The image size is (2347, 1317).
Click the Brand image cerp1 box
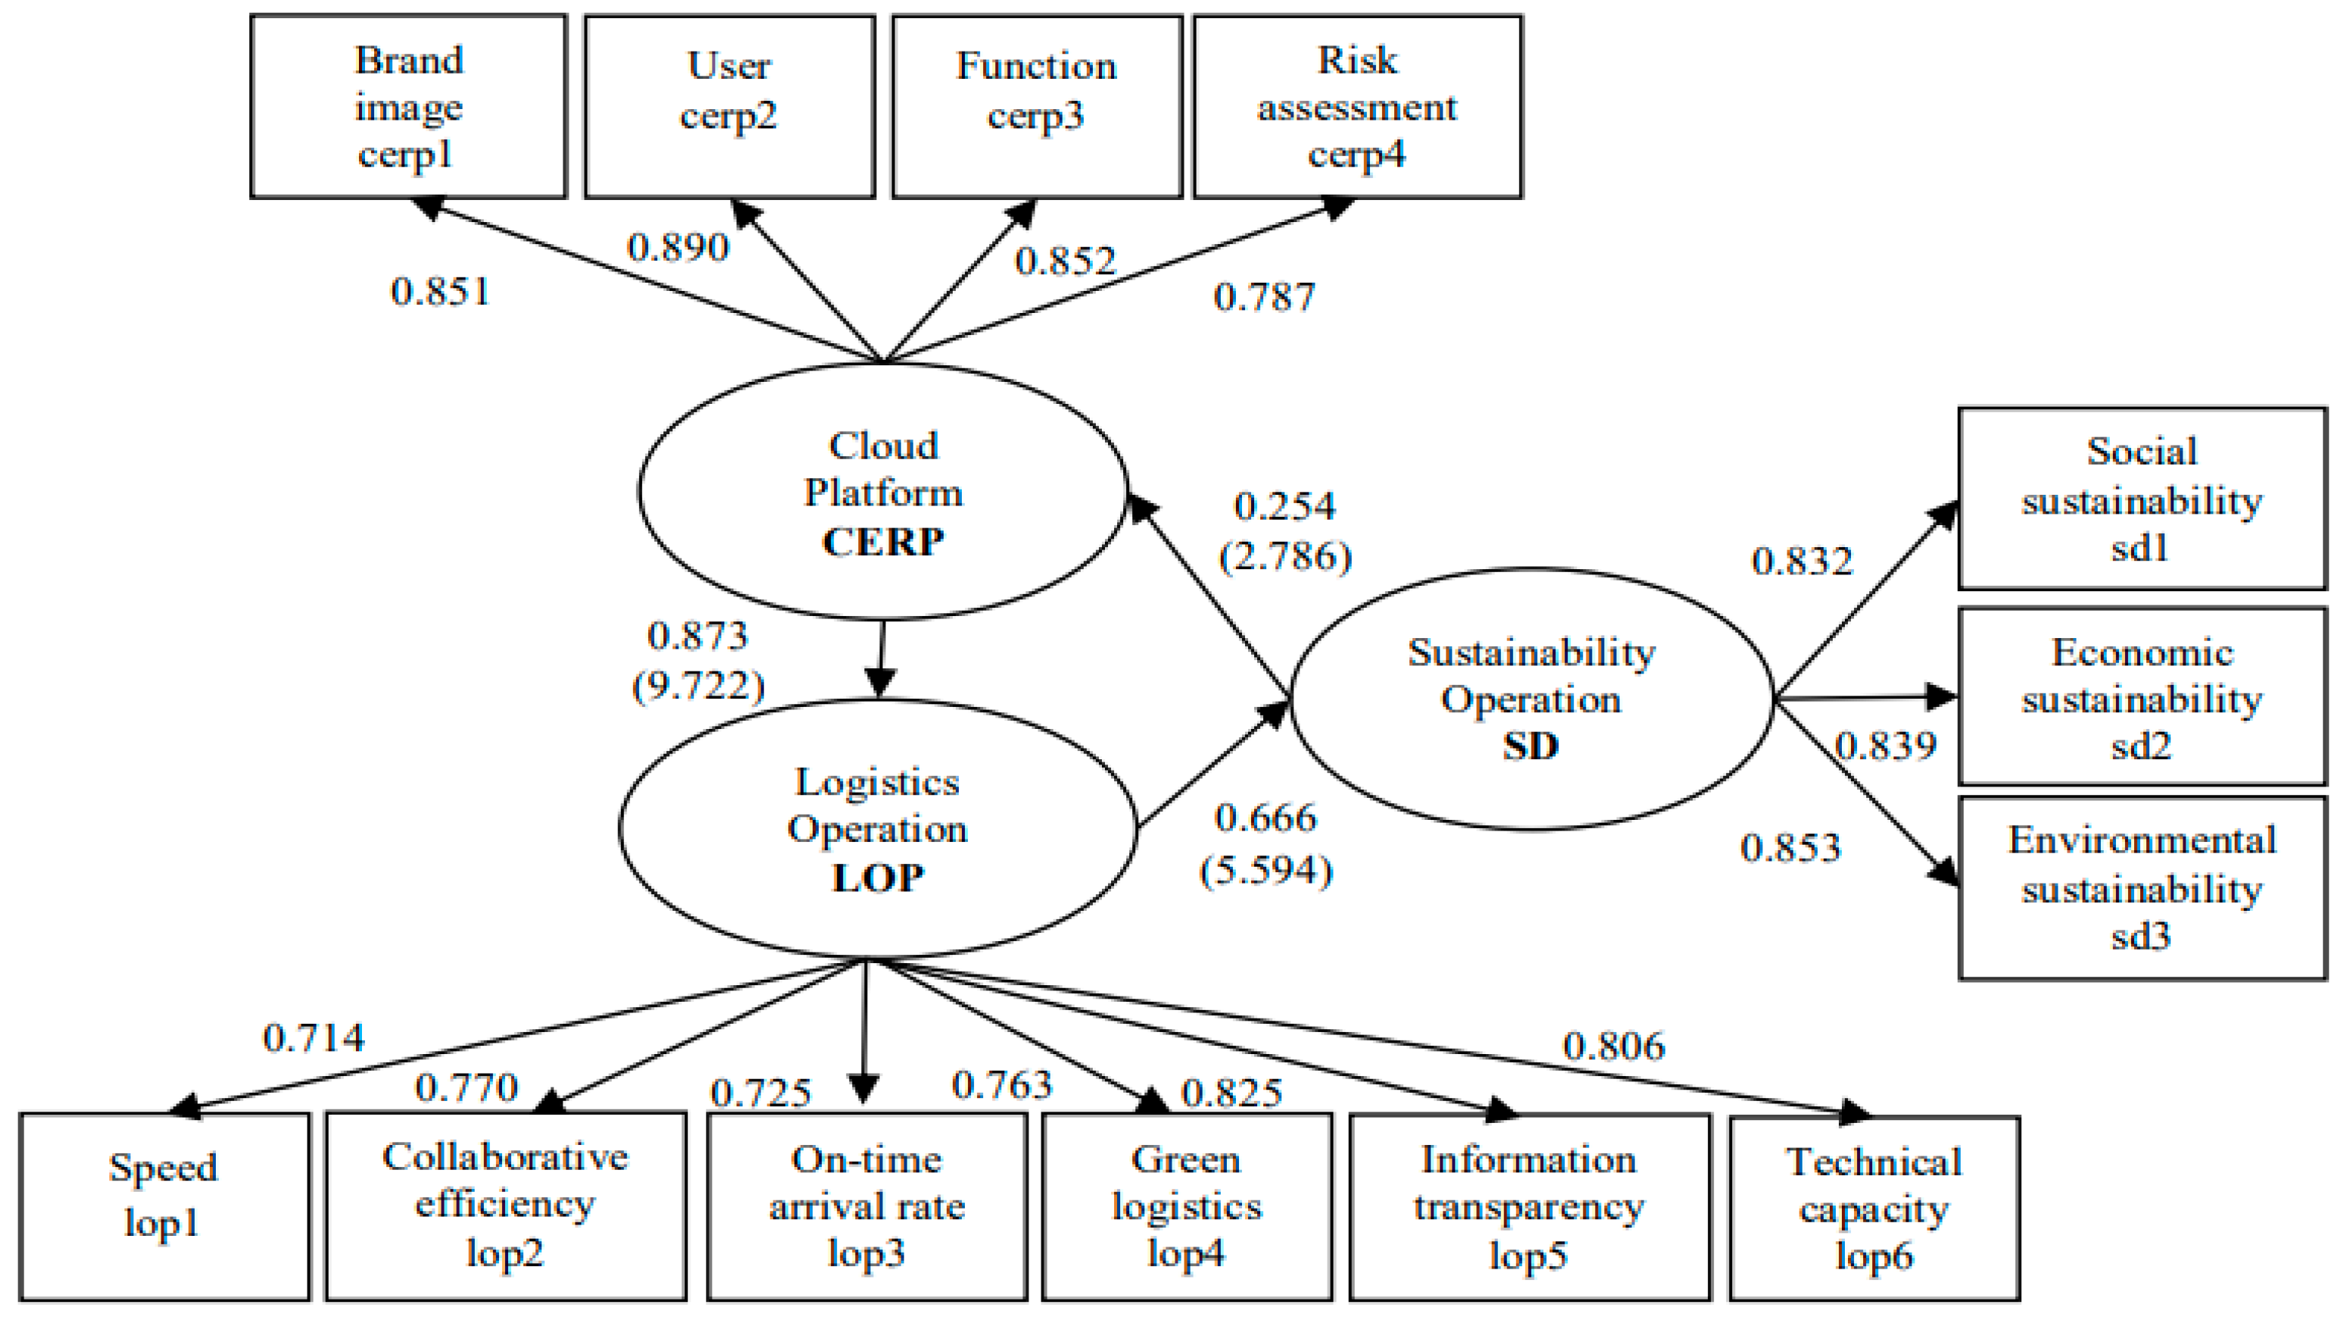408,107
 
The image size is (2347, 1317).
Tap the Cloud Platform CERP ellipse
883,492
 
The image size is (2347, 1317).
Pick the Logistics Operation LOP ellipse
878,830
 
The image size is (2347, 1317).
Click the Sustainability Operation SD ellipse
1531,699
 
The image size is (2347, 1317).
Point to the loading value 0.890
678,248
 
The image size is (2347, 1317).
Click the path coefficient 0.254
1284,507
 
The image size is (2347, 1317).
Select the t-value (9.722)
698,685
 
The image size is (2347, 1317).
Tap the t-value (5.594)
1266,871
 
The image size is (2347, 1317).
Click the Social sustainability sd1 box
2141,499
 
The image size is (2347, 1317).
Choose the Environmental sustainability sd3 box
2141,887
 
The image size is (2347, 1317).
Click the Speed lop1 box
164,1206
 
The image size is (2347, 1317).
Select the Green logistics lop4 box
1186,1206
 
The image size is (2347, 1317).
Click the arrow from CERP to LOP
881,658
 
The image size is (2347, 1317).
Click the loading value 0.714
314,1038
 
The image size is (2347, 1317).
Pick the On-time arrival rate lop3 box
866,1206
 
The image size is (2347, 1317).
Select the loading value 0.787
1264,297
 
